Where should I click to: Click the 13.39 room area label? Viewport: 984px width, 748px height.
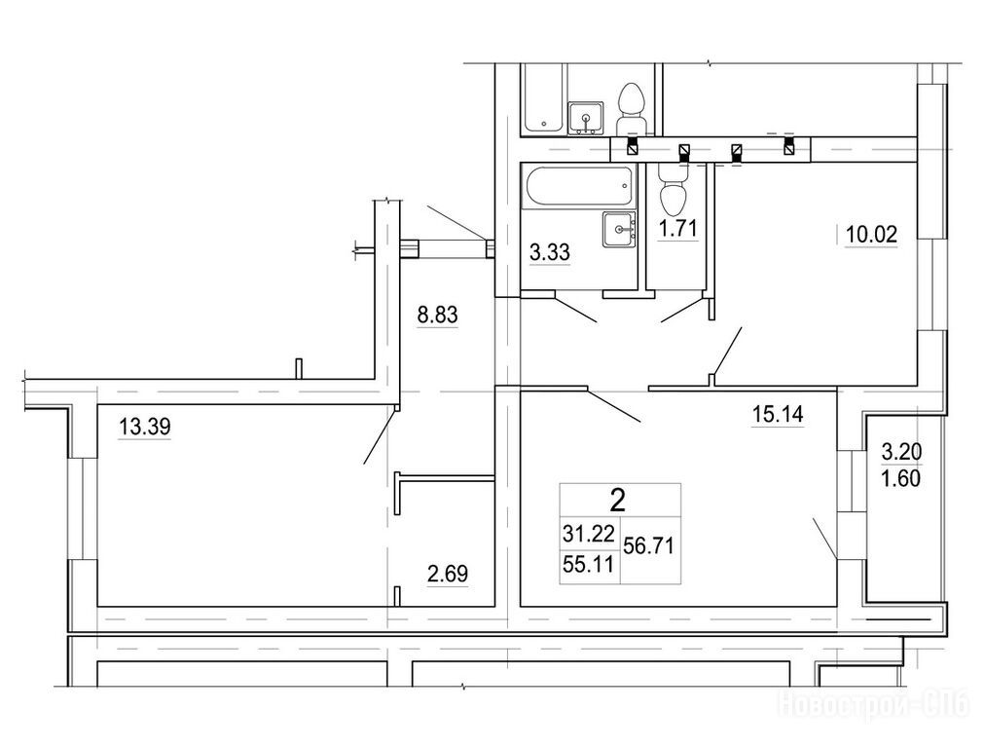point(145,428)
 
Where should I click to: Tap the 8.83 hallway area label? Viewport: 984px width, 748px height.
point(438,316)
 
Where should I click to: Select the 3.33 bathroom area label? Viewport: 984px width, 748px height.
point(550,252)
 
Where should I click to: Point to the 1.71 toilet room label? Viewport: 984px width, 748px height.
point(677,228)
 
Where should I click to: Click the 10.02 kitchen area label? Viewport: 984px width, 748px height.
point(872,235)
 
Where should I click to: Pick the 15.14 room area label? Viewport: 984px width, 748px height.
point(778,414)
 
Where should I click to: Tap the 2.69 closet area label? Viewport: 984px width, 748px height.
point(448,574)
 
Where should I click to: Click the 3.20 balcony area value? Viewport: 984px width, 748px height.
point(902,451)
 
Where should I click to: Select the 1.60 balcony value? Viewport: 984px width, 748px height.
point(902,478)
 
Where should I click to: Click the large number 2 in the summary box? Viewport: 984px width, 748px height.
point(618,501)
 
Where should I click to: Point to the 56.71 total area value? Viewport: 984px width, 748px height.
point(649,545)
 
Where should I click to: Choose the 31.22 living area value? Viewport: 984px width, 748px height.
point(588,534)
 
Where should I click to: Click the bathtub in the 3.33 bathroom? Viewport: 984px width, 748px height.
point(577,186)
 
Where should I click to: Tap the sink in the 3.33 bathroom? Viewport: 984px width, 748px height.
point(619,230)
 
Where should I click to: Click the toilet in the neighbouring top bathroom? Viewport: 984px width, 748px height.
point(633,108)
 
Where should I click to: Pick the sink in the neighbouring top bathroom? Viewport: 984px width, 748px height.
point(586,118)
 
